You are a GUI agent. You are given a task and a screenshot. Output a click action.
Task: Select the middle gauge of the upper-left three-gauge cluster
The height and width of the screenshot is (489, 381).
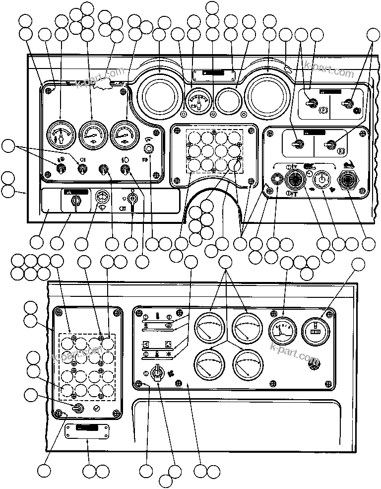click(x=93, y=134)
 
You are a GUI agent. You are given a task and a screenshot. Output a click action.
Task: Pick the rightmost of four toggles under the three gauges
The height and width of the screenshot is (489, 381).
click(x=125, y=170)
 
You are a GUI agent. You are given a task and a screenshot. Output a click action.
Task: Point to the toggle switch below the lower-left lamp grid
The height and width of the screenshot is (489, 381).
click(x=77, y=408)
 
